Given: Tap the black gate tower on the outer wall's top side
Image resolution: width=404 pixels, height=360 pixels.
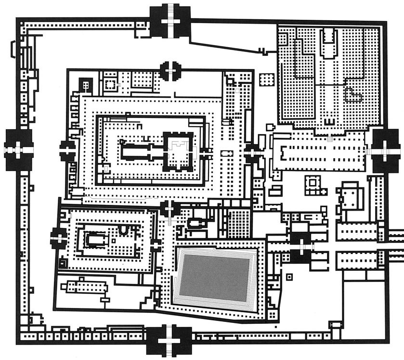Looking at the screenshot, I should pos(171,22).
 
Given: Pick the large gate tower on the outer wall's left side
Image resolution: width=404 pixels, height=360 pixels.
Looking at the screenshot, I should pos(18,150).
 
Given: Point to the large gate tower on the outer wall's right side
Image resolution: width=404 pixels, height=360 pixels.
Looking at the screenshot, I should pos(385,150).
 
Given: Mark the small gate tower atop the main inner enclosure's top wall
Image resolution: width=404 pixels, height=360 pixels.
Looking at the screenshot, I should pos(170,71).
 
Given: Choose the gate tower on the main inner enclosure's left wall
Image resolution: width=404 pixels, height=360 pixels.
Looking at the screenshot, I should pos(67,150).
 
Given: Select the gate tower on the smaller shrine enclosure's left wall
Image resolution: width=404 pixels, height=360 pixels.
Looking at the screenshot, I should pos(58,237).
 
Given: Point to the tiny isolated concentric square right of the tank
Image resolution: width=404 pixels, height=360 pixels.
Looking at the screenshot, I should pos(289,277).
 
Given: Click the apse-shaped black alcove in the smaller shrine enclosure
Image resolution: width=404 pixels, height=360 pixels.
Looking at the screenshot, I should pos(124,230).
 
